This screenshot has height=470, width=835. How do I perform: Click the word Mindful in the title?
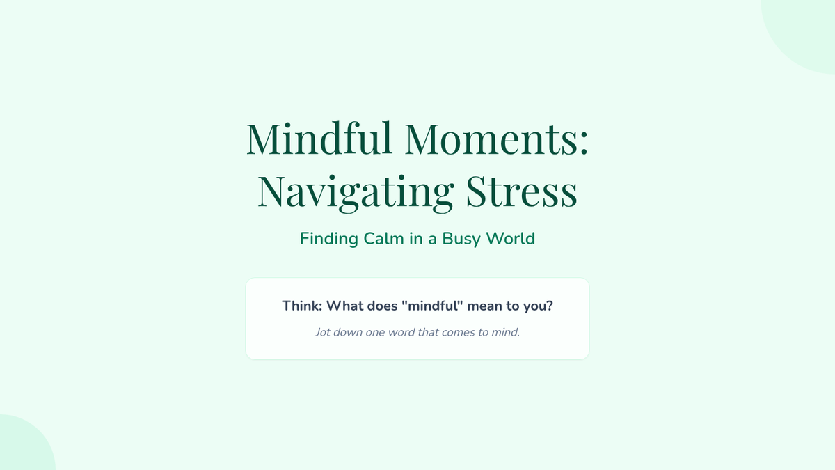pos(319,138)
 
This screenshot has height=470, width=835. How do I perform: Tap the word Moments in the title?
pos(491,139)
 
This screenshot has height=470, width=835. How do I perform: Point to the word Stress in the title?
pos(521,191)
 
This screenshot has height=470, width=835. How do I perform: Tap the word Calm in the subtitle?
pos(384,239)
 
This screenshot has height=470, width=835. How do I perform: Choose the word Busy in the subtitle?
pos(461,240)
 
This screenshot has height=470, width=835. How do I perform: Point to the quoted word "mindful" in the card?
pos(432,306)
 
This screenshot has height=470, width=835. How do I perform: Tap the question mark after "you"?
pos(549,306)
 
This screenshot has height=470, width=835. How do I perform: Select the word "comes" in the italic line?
pos(458,332)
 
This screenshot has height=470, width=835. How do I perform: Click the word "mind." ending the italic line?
pos(505,332)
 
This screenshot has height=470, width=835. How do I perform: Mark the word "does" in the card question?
pos(383,306)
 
